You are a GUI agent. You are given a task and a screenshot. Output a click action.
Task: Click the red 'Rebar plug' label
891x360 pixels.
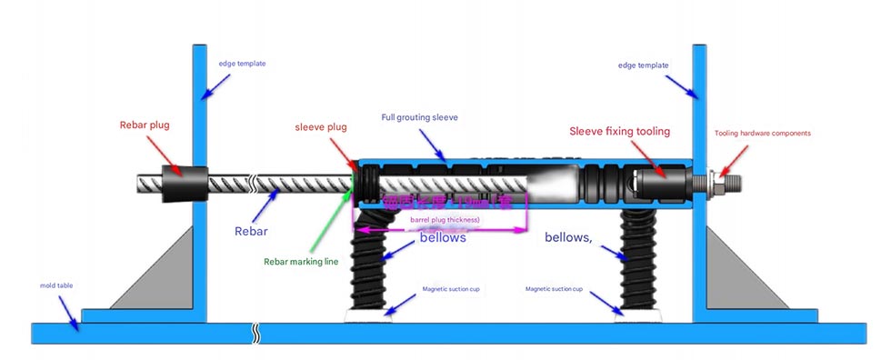tap(145, 125)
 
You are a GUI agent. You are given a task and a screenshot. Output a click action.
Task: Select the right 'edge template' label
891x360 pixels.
tap(643, 65)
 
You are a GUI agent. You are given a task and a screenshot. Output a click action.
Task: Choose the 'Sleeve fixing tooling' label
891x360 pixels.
tap(620, 132)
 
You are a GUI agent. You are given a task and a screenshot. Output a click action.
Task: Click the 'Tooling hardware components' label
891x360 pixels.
tap(762, 133)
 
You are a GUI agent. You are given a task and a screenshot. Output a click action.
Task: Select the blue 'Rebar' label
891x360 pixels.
tap(251, 232)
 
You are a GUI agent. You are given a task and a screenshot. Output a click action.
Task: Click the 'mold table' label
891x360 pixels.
tap(56, 285)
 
